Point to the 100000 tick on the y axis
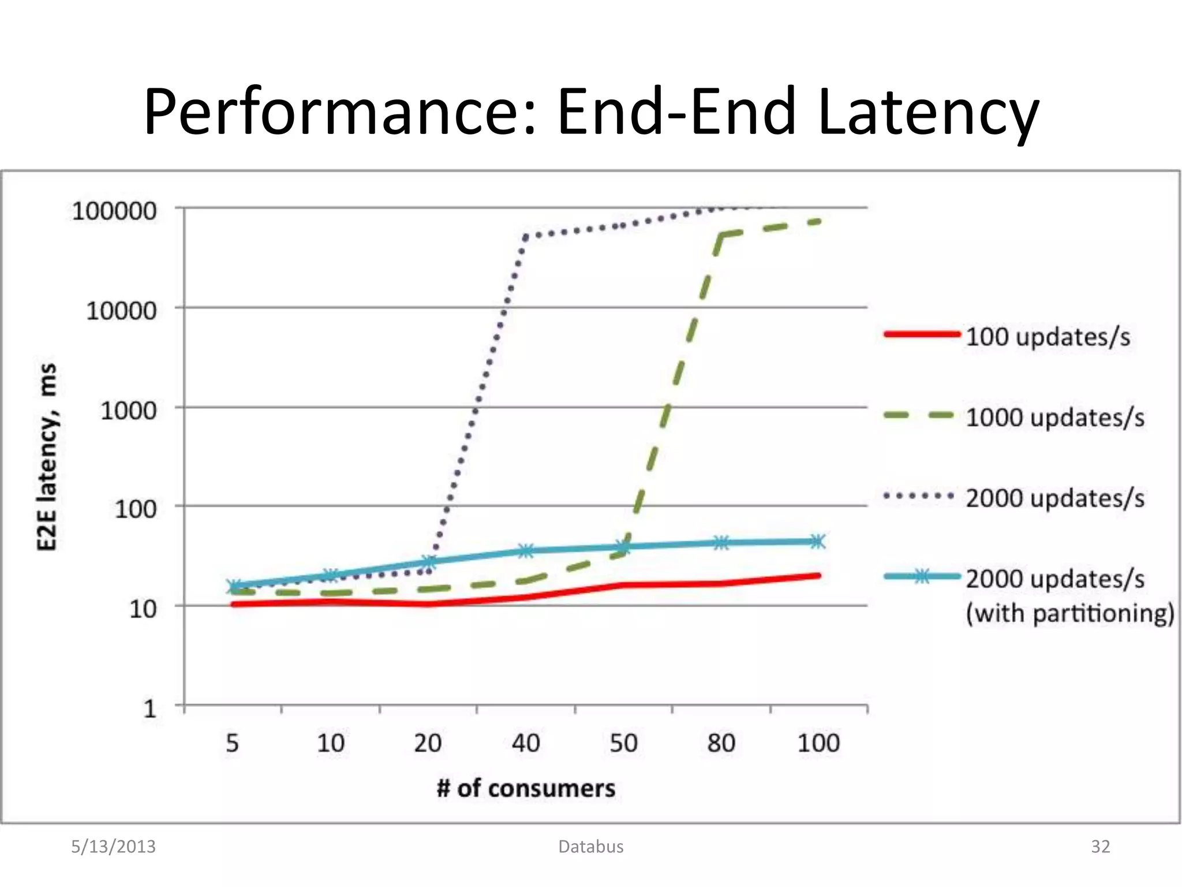coord(114,211)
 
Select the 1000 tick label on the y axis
coord(128,411)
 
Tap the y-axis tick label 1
coord(149,709)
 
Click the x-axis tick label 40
coord(526,743)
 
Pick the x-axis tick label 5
coord(232,743)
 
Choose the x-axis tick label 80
coord(721,743)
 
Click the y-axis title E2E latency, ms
coord(47,457)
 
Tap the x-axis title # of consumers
coord(526,788)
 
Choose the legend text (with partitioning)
coord(1070,613)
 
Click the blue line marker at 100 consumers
coord(818,542)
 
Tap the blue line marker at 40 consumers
coord(526,551)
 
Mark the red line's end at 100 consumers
coord(818,576)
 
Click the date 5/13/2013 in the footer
coord(113,847)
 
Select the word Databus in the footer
coord(591,847)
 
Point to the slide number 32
coord(1101,847)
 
